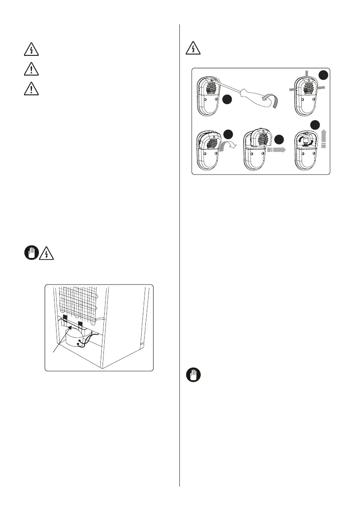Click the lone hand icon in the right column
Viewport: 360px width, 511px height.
coord(194,376)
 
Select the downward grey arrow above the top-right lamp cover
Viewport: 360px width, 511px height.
coord(307,74)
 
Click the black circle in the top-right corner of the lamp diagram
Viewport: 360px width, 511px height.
coord(323,76)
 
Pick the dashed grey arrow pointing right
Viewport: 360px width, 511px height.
coord(277,151)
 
